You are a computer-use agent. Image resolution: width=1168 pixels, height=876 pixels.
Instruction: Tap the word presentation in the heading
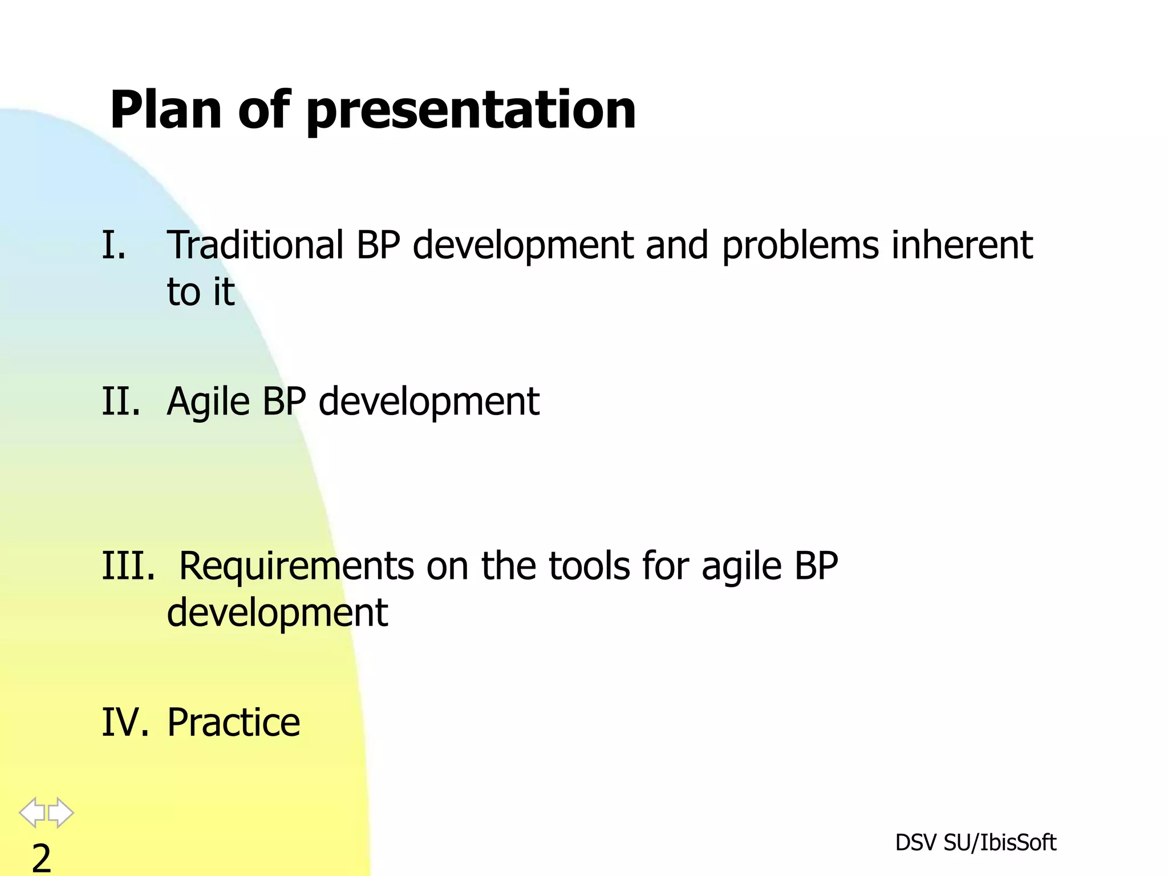coord(471,111)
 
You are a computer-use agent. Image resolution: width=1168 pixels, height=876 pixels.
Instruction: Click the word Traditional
coord(255,245)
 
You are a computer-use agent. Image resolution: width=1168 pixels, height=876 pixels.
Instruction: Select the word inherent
coord(962,245)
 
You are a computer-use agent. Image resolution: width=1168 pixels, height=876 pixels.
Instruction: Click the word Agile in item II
coord(208,402)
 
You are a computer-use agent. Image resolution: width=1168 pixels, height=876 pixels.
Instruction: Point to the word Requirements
coord(297,566)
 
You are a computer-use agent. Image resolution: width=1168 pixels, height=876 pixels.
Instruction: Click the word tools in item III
coord(589,566)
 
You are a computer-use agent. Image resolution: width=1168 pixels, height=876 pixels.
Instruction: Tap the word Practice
coord(233,723)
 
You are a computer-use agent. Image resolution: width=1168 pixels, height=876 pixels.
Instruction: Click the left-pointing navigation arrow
coord(32,812)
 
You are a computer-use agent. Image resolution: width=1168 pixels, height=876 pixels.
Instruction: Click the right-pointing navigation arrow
coord(60,812)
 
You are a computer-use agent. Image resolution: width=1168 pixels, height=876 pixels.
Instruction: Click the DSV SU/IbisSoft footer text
coord(975,843)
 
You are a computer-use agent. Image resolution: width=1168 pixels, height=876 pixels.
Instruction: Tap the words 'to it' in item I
coord(200,292)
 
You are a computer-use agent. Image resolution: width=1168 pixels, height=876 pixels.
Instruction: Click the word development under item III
coord(277,613)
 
